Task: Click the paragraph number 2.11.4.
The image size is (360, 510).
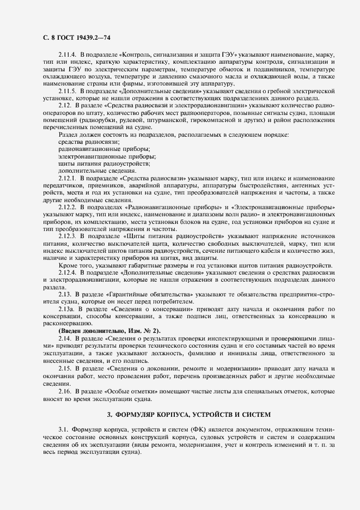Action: coord(69,56)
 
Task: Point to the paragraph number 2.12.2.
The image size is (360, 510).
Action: coord(68,209)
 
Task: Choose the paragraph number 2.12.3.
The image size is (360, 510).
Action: coord(68,237)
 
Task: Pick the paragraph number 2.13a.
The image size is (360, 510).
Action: coord(67,309)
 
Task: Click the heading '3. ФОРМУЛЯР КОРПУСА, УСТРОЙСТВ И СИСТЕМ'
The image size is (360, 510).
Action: coord(180,415)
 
